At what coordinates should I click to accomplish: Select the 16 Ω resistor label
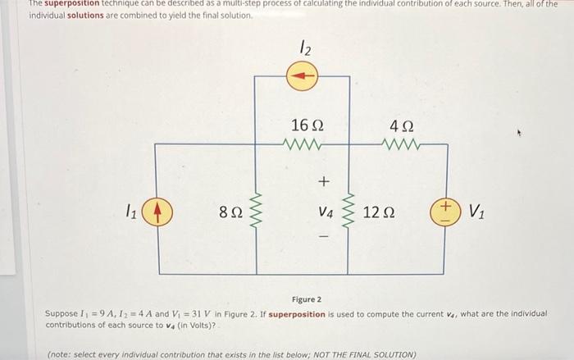point(307,125)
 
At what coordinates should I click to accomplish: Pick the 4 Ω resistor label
point(403,125)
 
